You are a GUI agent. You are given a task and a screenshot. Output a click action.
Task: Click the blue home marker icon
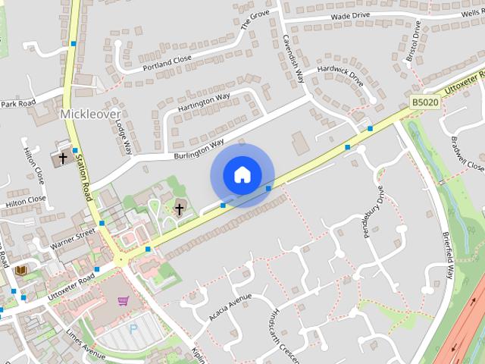click(242, 175)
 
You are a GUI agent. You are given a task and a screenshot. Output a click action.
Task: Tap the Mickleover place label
click(89, 114)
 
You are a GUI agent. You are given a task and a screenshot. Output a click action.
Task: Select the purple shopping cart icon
click(124, 300)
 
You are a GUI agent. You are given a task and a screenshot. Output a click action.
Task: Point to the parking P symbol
click(134, 329)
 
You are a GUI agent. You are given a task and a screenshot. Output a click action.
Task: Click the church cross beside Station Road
click(62, 157)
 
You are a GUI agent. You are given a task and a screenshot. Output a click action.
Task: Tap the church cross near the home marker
click(180, 208)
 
